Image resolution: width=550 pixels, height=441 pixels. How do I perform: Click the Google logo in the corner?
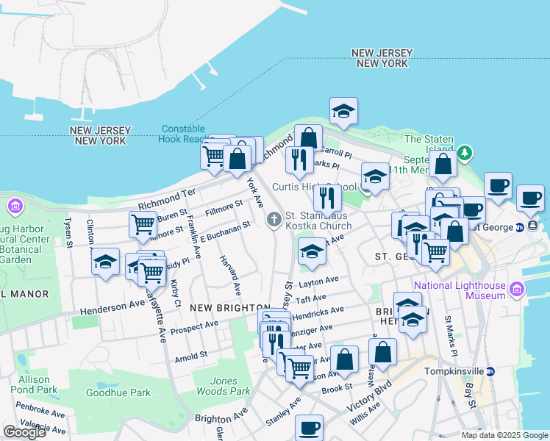(24, 432)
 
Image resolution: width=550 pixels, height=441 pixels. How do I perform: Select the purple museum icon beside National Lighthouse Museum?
(518, 289)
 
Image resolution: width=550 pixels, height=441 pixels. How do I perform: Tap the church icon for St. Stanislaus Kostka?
(274, 219)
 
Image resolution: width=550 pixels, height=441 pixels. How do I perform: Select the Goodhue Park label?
(118, 392)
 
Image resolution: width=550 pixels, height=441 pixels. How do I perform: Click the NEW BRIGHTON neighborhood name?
(229, 307)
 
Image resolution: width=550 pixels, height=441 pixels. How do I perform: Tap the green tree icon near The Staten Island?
(464, 154)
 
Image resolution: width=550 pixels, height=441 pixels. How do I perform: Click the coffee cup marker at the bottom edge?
(310, 428)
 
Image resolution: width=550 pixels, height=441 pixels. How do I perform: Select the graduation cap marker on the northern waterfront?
(343, 112)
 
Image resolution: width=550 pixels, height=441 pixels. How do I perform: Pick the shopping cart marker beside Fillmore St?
(143, 224)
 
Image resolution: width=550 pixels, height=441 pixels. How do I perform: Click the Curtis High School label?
(315, 187)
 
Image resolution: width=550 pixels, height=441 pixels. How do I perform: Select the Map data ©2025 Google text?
(504, 435)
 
